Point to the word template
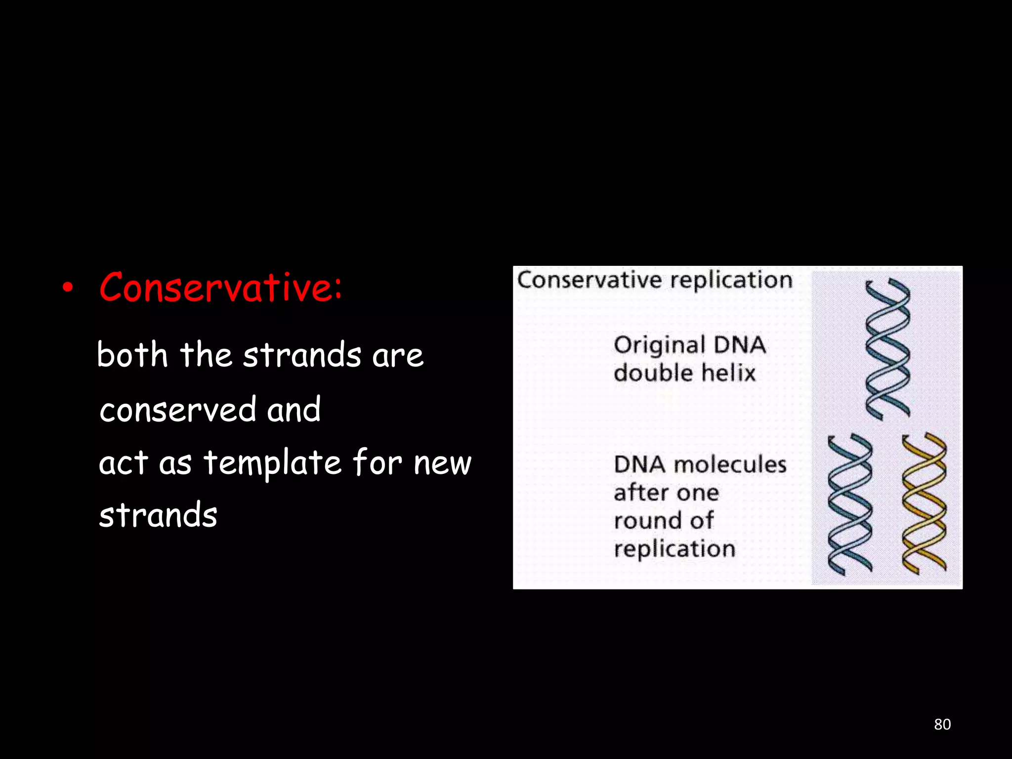pyautogui.click(x=272, y=464)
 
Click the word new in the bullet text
pyautogui.click(x=442, y=464)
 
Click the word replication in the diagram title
pyautogui.click(x=731, y=280)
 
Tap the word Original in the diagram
pyautogui.click(x=659, y=345)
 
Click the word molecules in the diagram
pyautogui.click(x=730, y=464)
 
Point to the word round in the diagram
pyautogui.click(x=640, y=521)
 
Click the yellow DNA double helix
pyautogui.click(x=924, y=504)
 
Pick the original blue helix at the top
pyautogui.click(x=887, y=348)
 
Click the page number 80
pyautogui.click(x=942, y=724)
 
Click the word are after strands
pyautogui.click(x=397, y=356)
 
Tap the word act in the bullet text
pyautogui.click(x=124, y=464)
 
